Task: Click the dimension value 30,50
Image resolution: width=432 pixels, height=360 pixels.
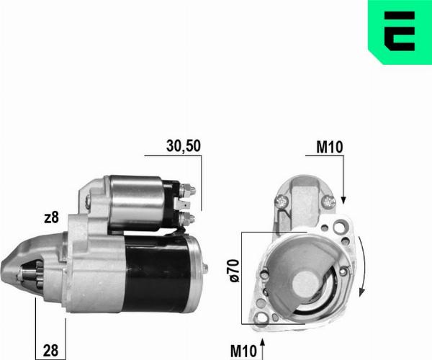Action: pyautogui.click(x=183, y=145)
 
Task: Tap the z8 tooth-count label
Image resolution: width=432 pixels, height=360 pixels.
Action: pyautogui.click(x=50, y=218)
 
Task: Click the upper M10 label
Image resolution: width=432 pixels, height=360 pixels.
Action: pyautogui.click(x=330, y=148)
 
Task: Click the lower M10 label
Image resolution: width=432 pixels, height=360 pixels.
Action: pyautogui.click(x=243, y=351)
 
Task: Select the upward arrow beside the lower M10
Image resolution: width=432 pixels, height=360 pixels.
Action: pyautogui.click(x=262, y=344)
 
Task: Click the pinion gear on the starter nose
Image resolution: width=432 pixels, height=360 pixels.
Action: pyautogui.click(x=31, y=274)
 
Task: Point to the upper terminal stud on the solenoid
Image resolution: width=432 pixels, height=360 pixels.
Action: pyautogui.click(x=189, y=191)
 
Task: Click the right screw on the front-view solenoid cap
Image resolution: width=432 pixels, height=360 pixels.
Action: pyautogui.click(x=328, y=202)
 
